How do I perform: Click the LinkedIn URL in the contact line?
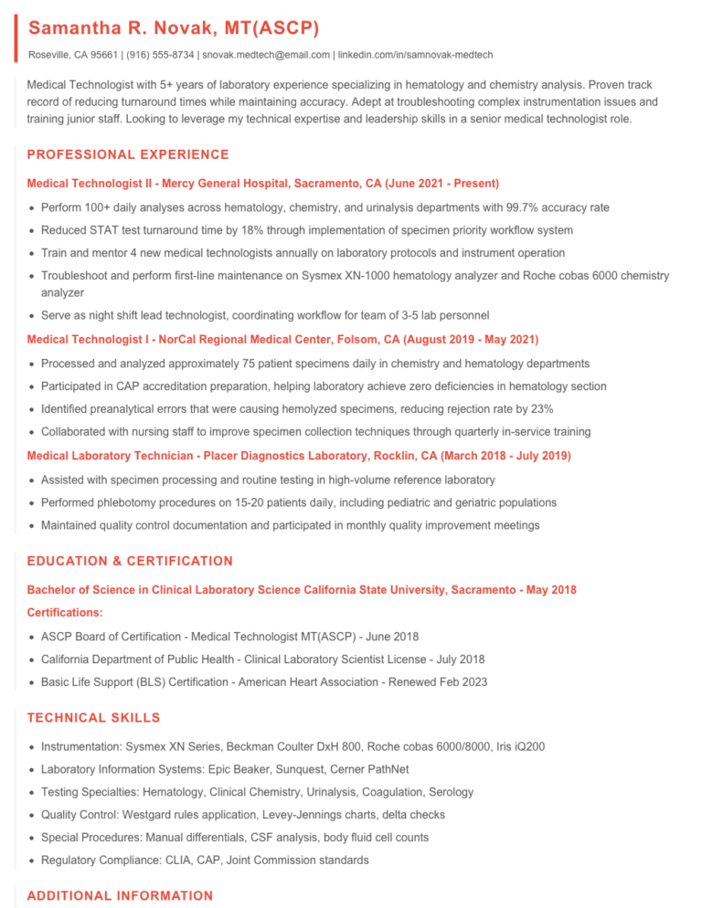pos(416,55)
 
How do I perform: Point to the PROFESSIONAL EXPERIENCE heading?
pos(128,154)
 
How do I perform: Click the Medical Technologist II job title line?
pos(263,184)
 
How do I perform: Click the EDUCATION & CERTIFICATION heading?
pos(130,561)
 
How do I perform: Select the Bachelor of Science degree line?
pos(302,590)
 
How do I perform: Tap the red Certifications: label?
pos(65,612)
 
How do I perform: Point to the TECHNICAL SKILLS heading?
pos(93,718)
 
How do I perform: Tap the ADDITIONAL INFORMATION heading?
pos(120,896)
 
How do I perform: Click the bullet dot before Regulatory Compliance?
pos(33,860)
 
